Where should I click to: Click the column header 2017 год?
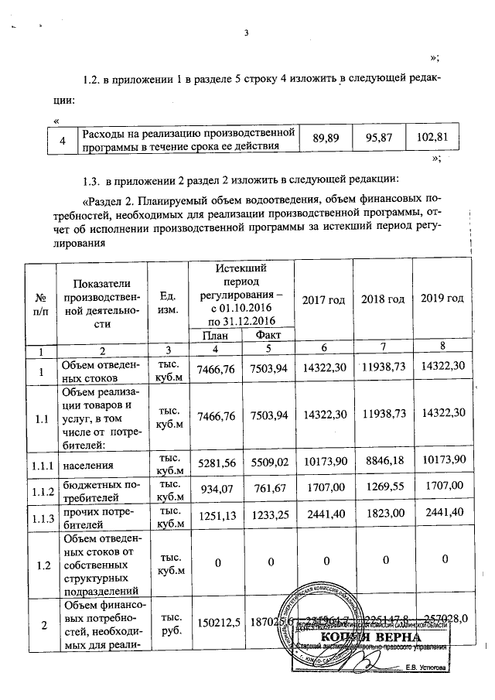[x=321, y=299]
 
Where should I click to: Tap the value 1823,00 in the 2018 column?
[x=381, y=517]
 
